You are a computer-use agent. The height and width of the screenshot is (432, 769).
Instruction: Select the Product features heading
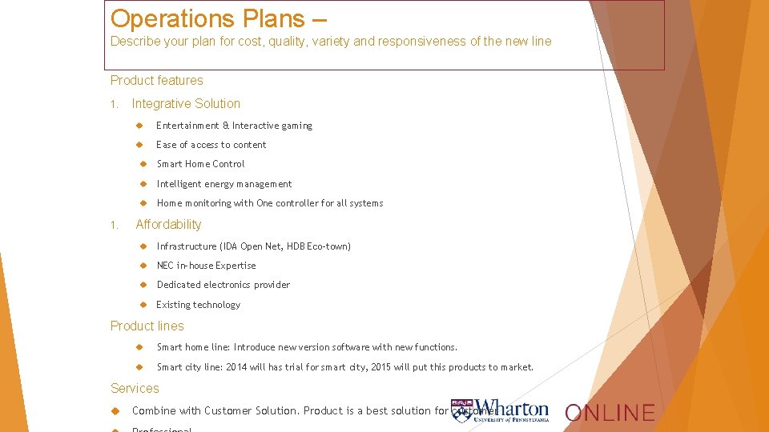pyautogui.click(x=157, y=80)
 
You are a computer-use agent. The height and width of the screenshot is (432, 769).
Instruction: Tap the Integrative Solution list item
pyautogui.click(x=186, y=103)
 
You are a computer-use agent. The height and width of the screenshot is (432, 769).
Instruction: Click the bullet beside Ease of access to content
pyautogui.click(x=139, y=145)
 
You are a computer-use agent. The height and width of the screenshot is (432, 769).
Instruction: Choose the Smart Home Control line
pyautogui.click(x=200, y=164)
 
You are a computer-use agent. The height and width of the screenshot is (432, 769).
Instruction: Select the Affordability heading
pyautogui.click(x=168, y=225)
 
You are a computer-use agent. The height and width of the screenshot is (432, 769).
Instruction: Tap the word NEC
pyautogui.click(x=165, y=266)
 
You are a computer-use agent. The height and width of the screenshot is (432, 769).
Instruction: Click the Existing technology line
pyautogui.click(x=198, y=305)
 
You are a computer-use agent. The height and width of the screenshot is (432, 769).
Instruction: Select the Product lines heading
pyautogui.click(x=147, y=326)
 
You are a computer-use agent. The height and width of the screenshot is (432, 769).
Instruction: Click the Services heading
pyautogui.click(x=135, y=389)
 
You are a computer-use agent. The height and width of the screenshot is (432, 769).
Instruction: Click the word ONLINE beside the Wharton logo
pyautogui.click(x=610, y=413)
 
